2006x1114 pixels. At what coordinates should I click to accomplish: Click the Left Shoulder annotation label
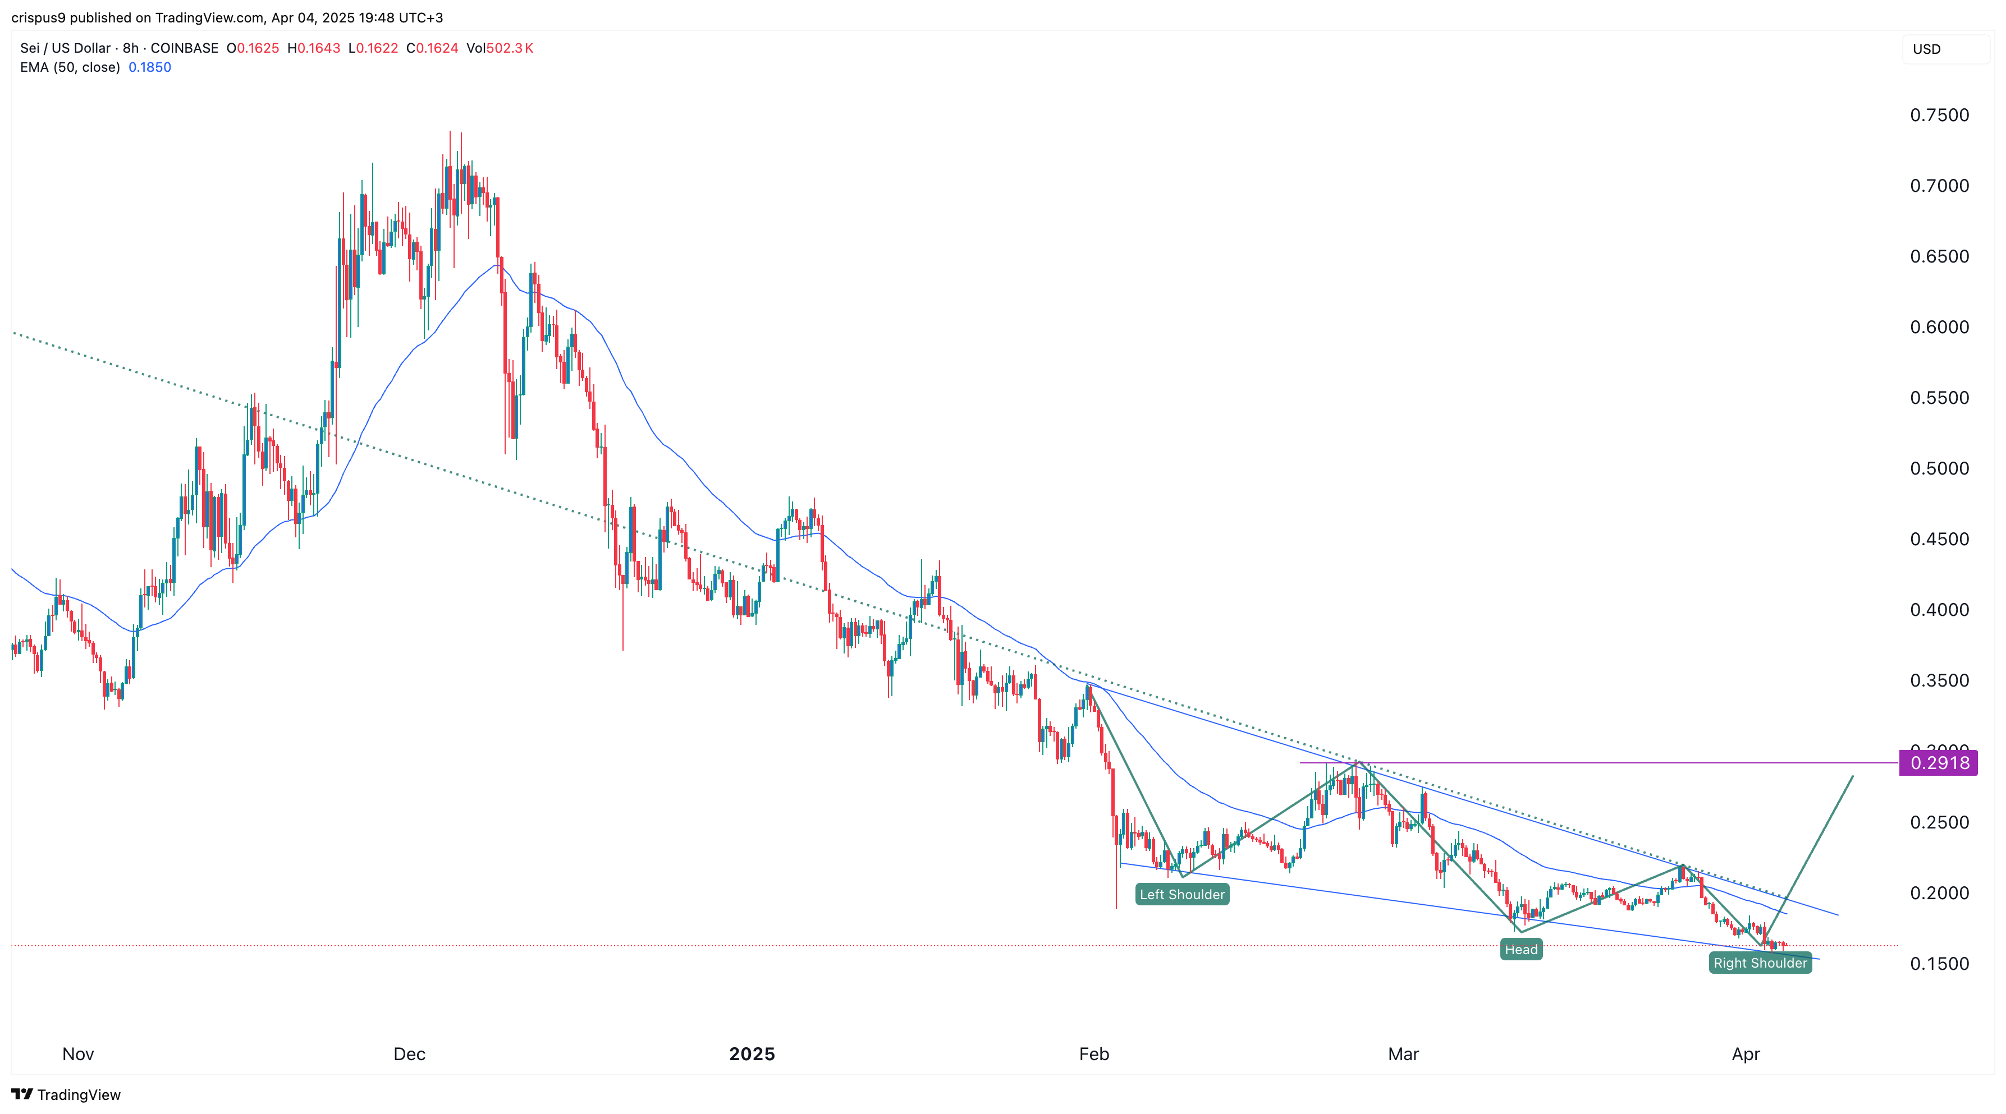1181,895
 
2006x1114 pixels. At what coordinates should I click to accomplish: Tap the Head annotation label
1521,949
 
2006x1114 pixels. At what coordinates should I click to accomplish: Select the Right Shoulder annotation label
1760,963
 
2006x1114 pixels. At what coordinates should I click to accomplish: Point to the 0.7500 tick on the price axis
1939,115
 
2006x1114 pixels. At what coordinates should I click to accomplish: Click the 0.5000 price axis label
1939,468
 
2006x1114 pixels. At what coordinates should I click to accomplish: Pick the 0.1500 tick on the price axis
1939,964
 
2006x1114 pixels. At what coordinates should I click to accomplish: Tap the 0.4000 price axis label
1939,610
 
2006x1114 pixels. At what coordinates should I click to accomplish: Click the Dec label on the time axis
410,1054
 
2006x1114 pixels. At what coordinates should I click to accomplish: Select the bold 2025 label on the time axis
752,1054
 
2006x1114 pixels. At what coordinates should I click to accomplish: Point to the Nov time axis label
78,1054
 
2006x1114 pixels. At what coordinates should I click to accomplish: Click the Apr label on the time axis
1746,1054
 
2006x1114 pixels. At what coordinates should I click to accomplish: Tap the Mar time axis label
1403,1054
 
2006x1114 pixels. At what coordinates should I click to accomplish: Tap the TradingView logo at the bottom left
66,1094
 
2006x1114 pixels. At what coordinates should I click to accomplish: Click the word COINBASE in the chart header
185,48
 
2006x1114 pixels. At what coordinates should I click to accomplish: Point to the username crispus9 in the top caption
39,17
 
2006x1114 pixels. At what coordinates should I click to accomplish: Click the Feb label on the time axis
1093,1054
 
